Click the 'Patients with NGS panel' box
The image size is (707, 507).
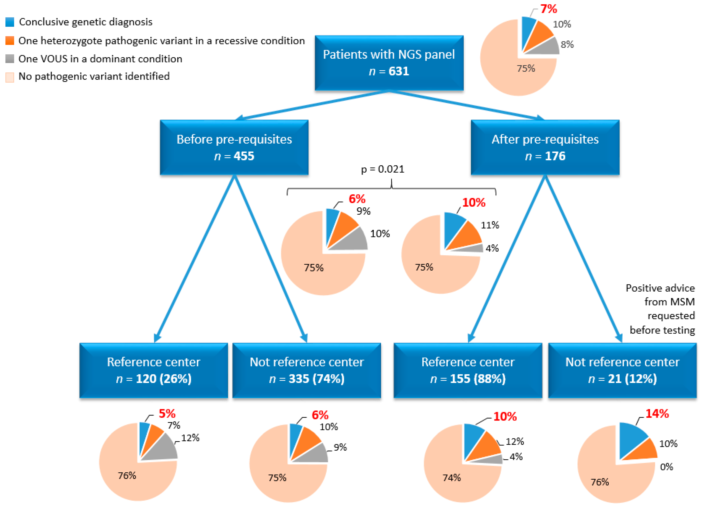point(389,63)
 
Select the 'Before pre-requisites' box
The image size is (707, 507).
point(234,147)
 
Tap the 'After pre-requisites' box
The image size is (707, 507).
point(545,147)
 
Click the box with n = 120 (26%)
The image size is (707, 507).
point(154,370)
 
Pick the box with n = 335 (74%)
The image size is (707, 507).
point(307,370)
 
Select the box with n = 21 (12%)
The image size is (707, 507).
point(622,370)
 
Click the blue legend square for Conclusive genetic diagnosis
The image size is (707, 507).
point(10,22)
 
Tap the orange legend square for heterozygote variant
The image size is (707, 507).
point(10,41)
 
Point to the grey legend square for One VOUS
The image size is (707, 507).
point(10,59)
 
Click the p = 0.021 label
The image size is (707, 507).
point(382,169)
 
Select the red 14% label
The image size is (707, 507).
point(657,413)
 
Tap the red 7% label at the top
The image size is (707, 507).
point(549,9)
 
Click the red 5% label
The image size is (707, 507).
point(167,413)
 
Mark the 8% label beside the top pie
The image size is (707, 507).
point(567,44)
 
